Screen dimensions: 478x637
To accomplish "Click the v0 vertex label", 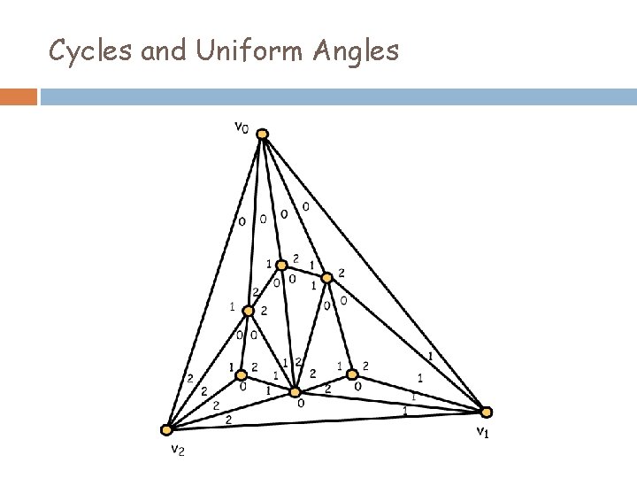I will tap(241, 127).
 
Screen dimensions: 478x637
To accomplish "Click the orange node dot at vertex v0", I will tap(262, 135).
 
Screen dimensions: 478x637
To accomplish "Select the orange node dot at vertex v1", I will tap(486, 412).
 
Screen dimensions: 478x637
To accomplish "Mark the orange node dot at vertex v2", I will tap(166, 430).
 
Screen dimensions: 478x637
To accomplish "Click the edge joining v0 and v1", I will tap(372, 270).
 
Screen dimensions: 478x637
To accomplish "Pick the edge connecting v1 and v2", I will tap(327, 420).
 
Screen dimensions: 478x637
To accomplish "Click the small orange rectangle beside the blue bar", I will tap(19, 96).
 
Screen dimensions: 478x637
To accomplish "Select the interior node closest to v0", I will tap(282, 265).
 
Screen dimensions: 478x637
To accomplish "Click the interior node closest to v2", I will tap(240, 374).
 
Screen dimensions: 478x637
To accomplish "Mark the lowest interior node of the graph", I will tap(296, 392).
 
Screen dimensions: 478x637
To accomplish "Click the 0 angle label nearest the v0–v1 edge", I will tap(305, 207).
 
